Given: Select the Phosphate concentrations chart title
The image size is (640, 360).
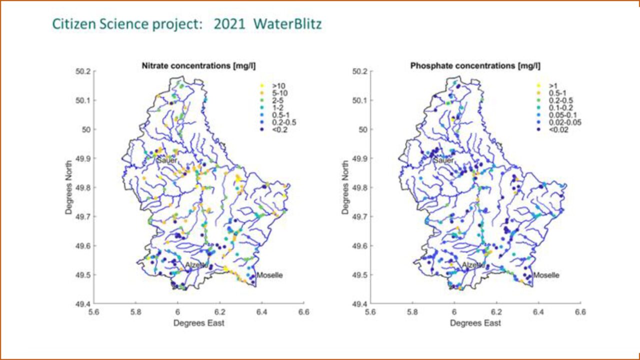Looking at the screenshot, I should pos(475,65).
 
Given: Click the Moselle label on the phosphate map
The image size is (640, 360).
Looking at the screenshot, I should pos(546,275).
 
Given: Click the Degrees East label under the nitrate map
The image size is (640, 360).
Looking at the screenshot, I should pos(198,323).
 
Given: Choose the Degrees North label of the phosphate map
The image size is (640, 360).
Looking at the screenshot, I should pos(345,187).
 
